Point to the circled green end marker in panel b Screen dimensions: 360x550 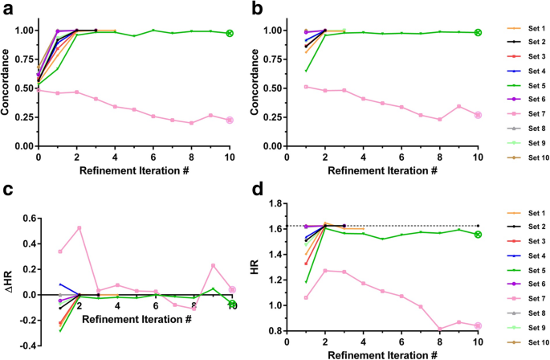[x=478, y=33]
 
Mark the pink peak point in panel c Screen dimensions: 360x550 [x=79, y=227]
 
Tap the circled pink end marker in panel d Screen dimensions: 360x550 [x=478, y=325]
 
